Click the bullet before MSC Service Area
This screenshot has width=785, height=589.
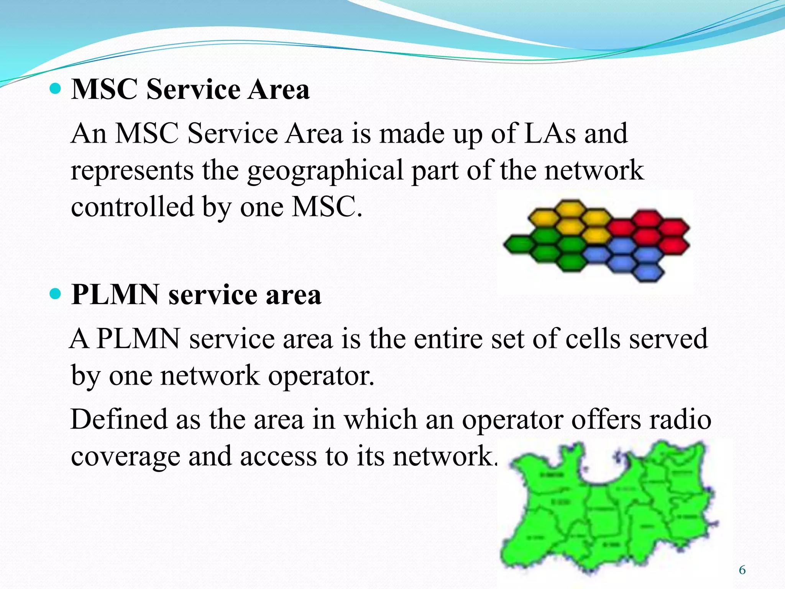tap(56, 89)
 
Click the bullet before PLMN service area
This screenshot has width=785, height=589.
tap(56, 294)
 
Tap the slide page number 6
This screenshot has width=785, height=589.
tap(742, 570)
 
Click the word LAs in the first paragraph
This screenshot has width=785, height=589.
tap(550, 133)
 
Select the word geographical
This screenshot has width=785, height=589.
tap(325, 171)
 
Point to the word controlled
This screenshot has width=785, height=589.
tap(132, 207)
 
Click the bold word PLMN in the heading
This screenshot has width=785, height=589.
tap(115, 295)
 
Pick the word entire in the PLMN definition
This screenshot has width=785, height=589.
tap(448, 339)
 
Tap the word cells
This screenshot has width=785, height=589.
tap(593, 339)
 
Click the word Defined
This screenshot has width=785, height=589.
tap(119, 419)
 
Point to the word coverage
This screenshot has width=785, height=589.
tap(125, 456)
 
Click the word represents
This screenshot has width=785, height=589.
tap(132, 171)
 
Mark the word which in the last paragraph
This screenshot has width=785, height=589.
tap(380, 419)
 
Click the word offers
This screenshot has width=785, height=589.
tap(606, 419)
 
